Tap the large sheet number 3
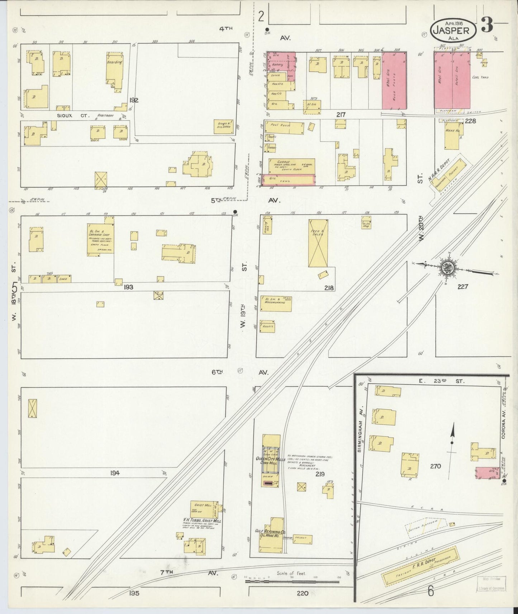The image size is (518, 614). point(487,25)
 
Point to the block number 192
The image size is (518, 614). point(134,100)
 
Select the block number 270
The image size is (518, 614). point(435,466)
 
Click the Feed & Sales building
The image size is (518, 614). point(318,244)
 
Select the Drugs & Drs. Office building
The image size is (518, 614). point(224,125)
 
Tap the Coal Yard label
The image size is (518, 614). point(481,77)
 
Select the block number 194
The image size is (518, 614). point(115,473)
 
